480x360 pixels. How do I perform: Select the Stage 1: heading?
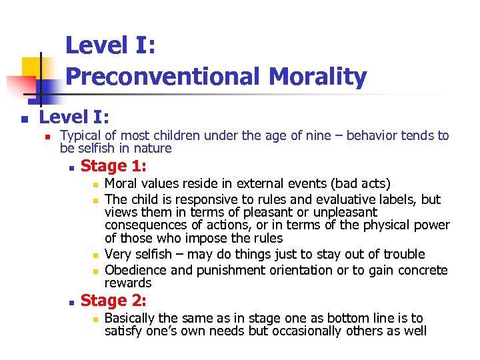[113, 166]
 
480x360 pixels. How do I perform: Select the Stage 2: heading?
[113, 301]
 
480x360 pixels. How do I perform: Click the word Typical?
[79, 136]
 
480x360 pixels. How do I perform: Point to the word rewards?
[128, 283]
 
